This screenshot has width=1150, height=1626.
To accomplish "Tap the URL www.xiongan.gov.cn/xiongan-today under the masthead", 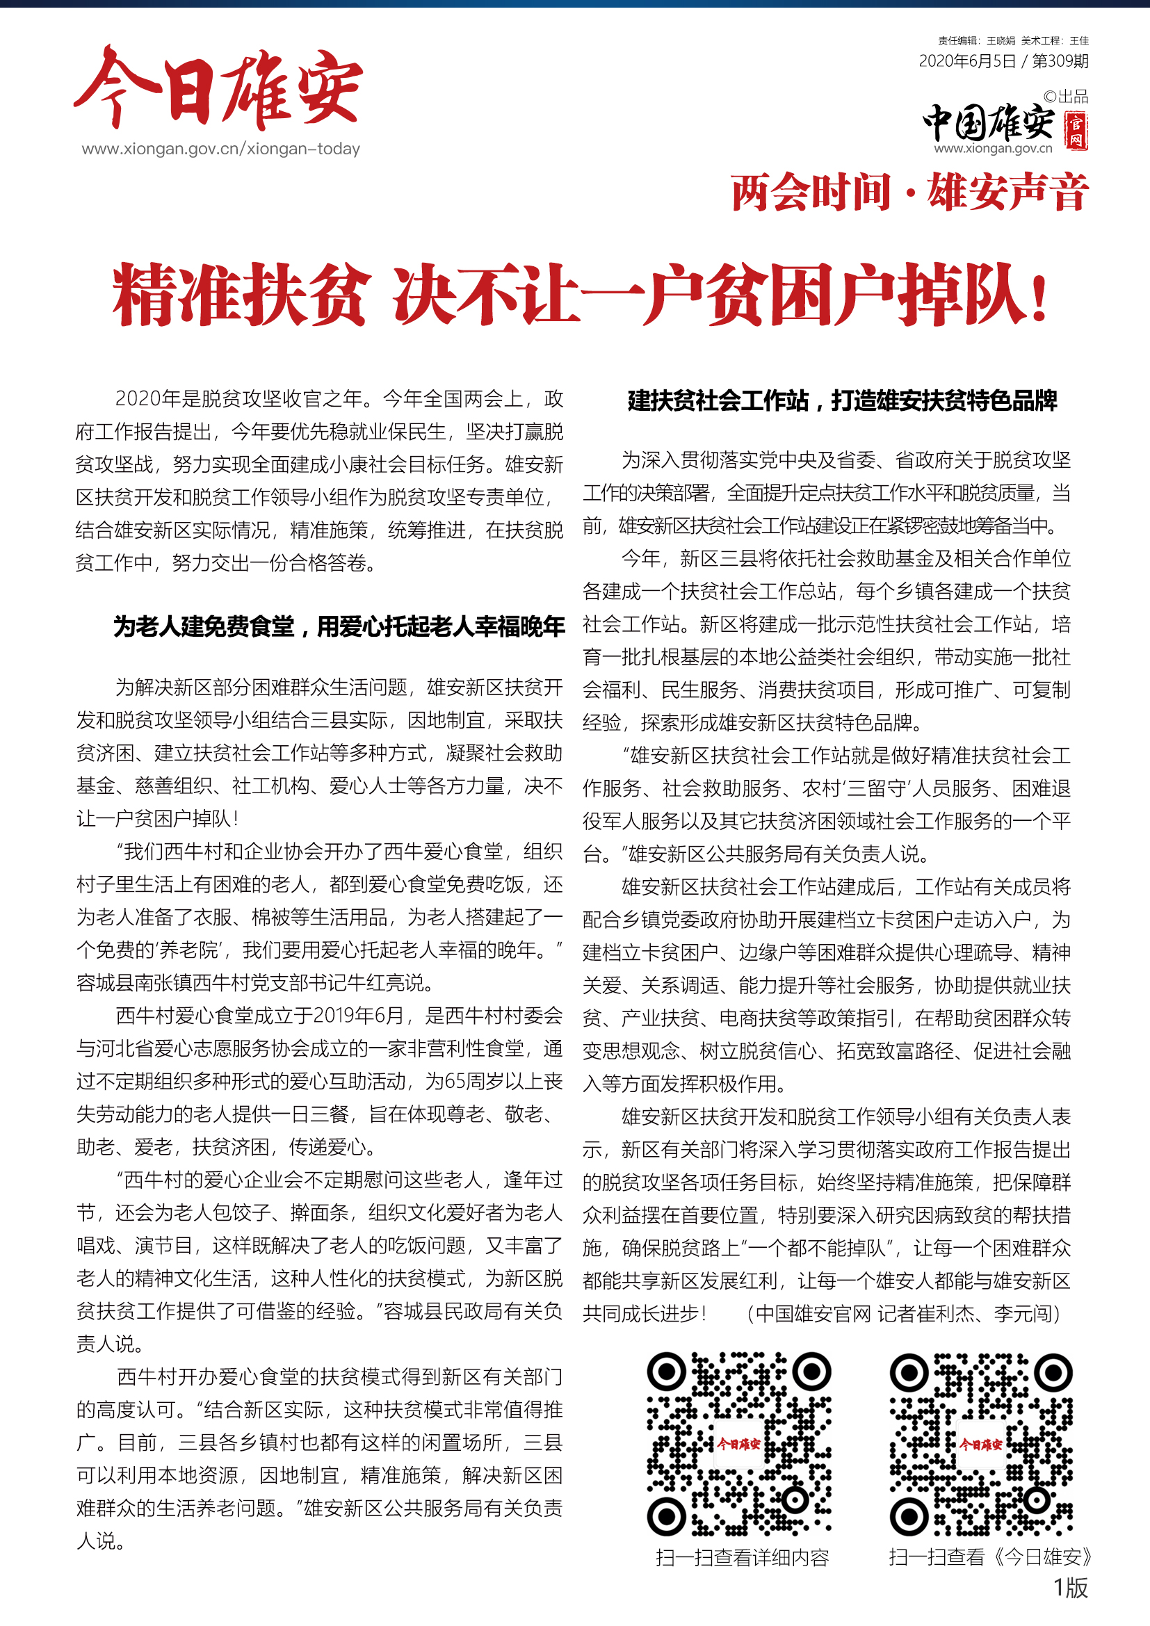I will click(221, 149).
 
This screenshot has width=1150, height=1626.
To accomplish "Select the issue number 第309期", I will click(1060, 62).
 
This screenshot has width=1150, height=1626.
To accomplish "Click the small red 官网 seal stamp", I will click(1076, 131).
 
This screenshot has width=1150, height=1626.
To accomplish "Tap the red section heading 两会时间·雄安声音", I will click(909, 193).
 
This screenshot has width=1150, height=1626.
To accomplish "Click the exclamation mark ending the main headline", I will click(1039, 298).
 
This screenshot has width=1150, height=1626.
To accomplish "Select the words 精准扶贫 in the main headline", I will click(241, 295).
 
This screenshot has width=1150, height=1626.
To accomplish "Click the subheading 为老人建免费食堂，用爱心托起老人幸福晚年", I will click(339, 627).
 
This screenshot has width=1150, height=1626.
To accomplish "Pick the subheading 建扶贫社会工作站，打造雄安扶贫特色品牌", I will click(842, 401).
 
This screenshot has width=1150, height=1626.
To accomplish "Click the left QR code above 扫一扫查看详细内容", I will click(738, 1444).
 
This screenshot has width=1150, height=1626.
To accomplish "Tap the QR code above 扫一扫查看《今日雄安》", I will click(982, 1444).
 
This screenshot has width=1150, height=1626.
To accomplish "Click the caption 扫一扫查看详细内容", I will click(742, 1557).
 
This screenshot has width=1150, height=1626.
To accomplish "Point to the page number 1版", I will click(1070, 1587).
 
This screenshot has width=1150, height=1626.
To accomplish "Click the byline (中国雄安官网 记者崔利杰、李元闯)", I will click(904, 1314).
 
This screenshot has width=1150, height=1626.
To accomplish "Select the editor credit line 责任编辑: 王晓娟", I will click(975, 41).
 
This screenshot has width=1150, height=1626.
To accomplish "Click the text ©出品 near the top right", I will click(1066, 97).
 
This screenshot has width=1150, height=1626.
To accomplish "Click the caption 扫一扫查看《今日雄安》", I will click(990, 1557).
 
